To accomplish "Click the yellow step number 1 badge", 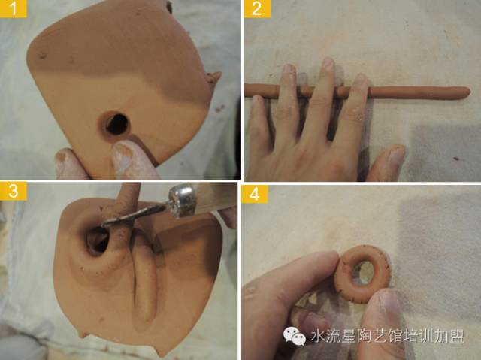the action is [14, 8].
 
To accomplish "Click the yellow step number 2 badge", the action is [257, 8].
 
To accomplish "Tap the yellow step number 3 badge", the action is [14, 191].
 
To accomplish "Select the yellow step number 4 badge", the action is [254, 194].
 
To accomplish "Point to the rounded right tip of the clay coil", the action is [467, 92].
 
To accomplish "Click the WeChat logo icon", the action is [295, 336].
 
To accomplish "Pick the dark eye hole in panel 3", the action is [97, 241].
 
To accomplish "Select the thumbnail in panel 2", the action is [397, 153].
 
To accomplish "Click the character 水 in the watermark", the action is [317, 337].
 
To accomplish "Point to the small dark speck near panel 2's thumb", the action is [456, 159].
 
